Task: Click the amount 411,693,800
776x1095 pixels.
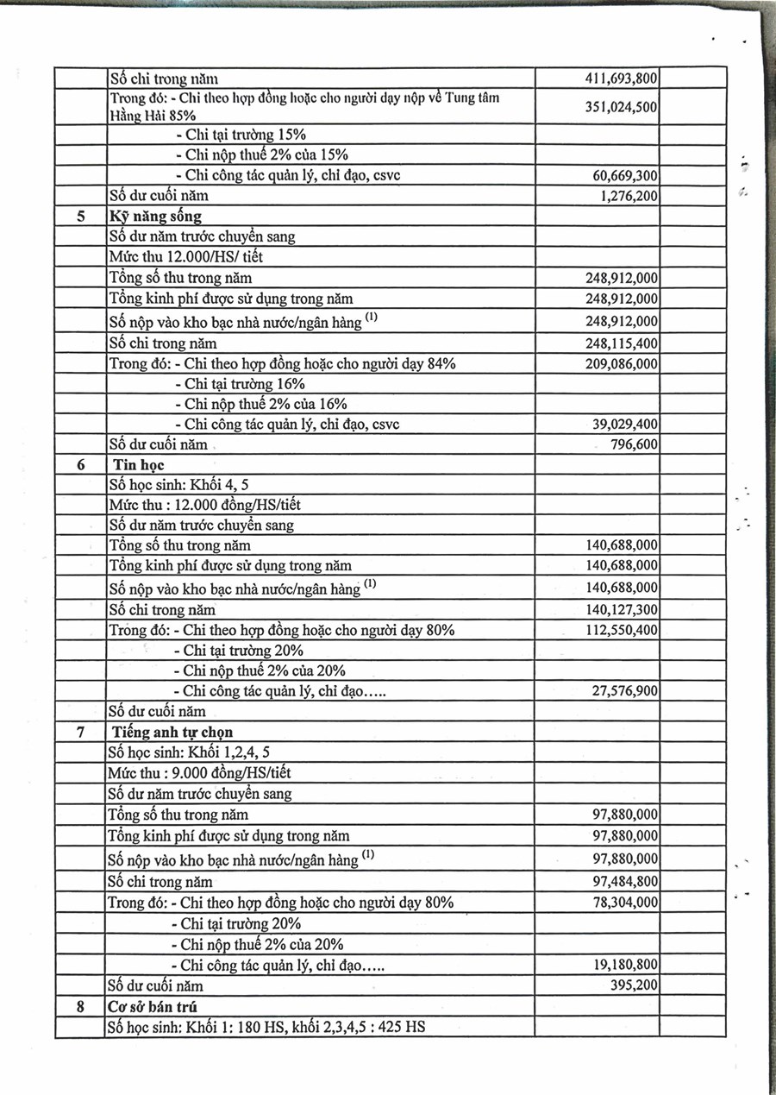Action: [x=622, y=79]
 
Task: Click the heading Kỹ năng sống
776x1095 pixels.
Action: [x=155, y=216]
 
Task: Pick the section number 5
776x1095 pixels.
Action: [x=80, y=216]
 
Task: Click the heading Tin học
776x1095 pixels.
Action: [x=141, y=465]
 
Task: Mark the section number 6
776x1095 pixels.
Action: [x=80, y=465]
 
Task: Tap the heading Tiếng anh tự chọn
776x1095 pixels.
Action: [x=173, y=733]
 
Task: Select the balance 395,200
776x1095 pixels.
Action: [x=634, y=985]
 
